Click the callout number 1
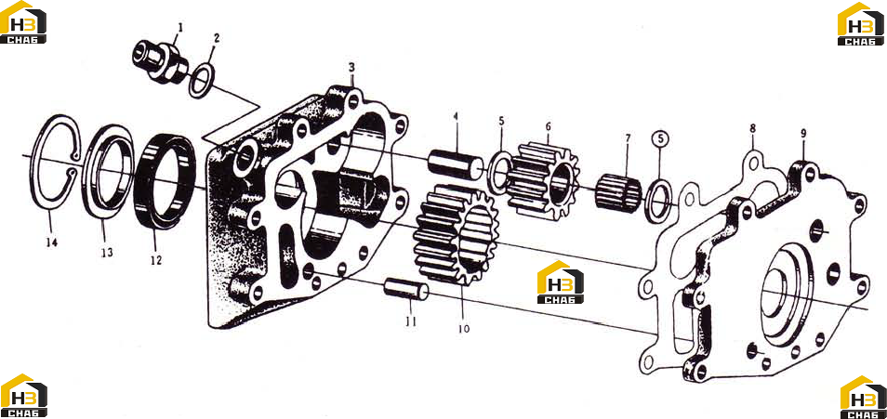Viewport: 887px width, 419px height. click(180, 26)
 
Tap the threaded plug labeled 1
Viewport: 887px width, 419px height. click(160, 61)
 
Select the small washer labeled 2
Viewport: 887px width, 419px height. click(202, 81)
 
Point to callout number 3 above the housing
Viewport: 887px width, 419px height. click(351, 67)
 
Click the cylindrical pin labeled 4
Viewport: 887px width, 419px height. click(456, 164)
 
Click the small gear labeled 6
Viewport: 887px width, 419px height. click(542, 180)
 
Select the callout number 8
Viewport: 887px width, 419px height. click(753, 128)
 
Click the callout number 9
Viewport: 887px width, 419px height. click(803, 134)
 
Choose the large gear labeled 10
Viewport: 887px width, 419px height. click(457, 236)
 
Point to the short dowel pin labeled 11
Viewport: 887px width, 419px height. click(406, 288)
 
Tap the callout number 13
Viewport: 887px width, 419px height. click(107, 252)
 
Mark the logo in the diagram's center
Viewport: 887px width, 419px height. click(560, 282)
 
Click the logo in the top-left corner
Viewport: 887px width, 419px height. click(23, 22)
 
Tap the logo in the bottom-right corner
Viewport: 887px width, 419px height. click(863, 397)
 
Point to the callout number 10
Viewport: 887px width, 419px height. click(464, 329)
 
